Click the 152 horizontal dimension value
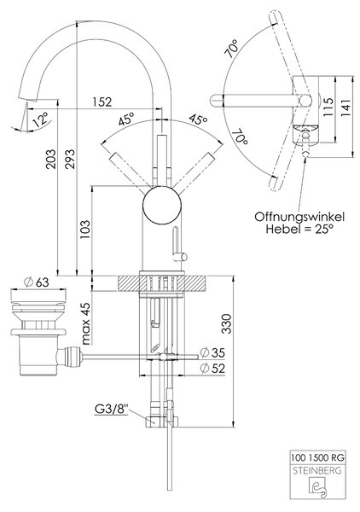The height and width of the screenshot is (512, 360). tap(102, 102)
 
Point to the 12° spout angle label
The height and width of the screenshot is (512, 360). tap(40, 119)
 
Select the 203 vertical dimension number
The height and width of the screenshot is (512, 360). tap(51, 159)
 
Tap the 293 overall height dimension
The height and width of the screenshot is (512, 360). tap(70, 159)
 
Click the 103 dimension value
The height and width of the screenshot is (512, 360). tap(84, 230)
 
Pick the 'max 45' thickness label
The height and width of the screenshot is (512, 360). tap(85, 323)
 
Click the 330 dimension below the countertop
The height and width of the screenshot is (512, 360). tap(226, 323)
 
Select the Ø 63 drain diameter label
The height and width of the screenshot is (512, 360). tap(37, 282)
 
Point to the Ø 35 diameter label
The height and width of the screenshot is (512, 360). tap(212, 352)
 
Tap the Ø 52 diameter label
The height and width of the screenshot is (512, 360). tap(212, 369)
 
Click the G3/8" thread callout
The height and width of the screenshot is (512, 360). tap(112, 409)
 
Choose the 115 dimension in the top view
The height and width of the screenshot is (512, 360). tap(328, 107)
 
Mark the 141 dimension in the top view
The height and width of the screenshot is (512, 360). tap(346, 108)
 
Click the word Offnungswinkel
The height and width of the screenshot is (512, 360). tap(299, 217)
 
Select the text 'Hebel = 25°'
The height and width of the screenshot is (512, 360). tap(299, 229)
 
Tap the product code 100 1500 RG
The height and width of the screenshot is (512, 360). tap(317, 457)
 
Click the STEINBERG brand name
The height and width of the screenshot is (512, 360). tap(317, 470)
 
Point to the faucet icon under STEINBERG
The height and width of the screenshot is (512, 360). tap(317, 489)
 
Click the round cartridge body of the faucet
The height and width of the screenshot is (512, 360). tap(162, 205)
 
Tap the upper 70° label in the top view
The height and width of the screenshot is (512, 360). tap(232, 49)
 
